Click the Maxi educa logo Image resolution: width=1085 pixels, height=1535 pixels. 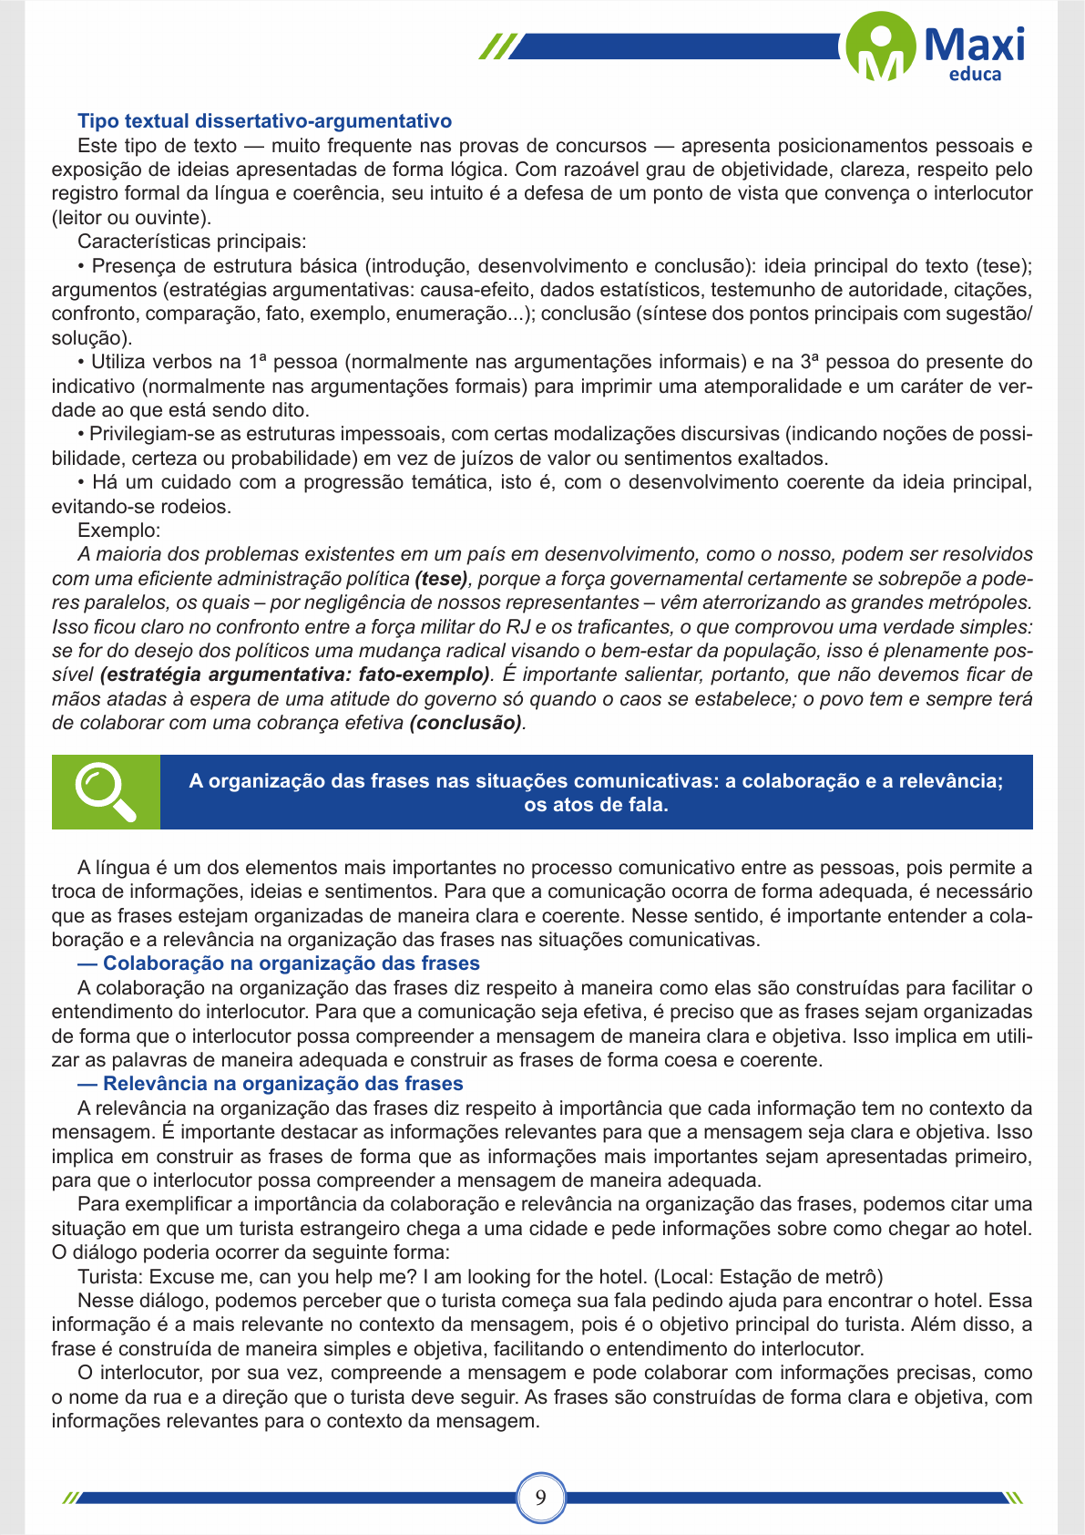[936, 47]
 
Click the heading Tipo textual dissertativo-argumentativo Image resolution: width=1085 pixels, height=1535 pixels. [264, 121]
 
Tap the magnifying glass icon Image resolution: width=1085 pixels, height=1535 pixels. [106, 791]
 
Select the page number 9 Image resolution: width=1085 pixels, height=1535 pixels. [541, 1497]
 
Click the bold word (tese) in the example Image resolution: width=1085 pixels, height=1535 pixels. [442, 579]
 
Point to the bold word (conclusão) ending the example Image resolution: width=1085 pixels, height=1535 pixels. [466, 723]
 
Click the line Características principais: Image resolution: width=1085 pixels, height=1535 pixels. [192, 242]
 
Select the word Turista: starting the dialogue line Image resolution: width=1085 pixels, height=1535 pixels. [110, 1277]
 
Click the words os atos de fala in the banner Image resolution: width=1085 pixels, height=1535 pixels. [596, 805]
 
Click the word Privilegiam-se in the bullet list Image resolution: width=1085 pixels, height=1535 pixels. [146, 435]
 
